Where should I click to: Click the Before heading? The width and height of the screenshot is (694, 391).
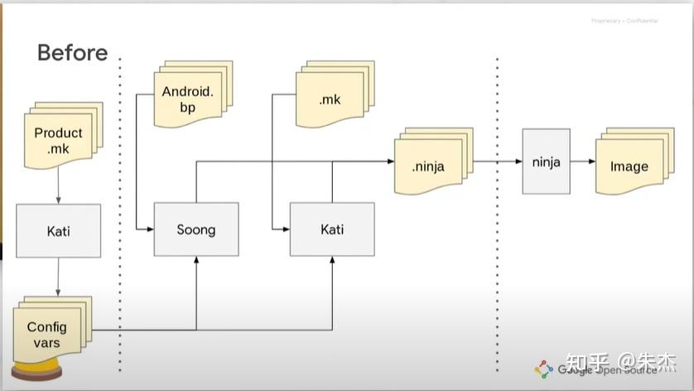[x=72, y=53]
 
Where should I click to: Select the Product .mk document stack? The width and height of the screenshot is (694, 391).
[x=59, y=138]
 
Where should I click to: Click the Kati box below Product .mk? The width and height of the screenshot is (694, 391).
[x=58, y=230]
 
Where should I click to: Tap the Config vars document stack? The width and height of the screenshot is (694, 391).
[x=47, y=334]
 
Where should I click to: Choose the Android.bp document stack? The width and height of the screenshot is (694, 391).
[x=187, y=99]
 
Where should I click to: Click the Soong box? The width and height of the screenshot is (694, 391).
[x=196, y=229]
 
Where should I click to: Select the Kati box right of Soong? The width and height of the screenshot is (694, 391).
[x=331, y=229]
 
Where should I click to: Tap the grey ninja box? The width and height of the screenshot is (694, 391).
[x=546, y=162]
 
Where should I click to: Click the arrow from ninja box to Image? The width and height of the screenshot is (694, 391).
[x=582, y=162]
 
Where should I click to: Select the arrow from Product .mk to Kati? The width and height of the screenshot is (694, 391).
[x=58, y=186]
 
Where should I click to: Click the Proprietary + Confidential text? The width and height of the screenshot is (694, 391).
[x=624, y=21]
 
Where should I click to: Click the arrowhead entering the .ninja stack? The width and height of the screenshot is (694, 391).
[x=390, y=162]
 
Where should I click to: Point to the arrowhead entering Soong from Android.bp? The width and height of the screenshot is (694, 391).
[x=150, y=229]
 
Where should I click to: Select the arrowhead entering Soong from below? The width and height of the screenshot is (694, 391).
[x=196, y=259]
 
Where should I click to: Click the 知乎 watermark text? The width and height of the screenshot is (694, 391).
[x=587, y=363]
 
